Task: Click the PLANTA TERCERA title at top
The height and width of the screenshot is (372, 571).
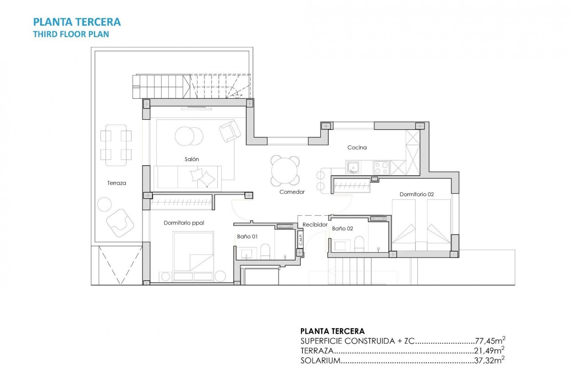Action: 77,22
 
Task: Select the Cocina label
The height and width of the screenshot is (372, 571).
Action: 357,147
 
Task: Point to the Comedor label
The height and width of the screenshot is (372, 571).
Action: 292,192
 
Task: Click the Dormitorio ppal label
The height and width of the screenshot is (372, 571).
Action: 184,223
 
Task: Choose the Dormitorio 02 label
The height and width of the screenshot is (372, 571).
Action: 416,194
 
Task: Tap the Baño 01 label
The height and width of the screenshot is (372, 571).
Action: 247,236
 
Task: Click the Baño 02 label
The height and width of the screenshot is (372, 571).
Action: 343,229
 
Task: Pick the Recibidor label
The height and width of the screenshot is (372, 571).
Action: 315,225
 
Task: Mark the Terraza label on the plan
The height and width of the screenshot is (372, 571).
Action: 117,182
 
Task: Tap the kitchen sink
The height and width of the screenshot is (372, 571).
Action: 353,167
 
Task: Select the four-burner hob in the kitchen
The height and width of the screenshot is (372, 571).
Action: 382,167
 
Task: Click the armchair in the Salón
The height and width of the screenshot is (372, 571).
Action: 230,131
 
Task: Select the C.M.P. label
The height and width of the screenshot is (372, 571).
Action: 301,240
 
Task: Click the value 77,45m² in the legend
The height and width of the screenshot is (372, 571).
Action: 490,341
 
